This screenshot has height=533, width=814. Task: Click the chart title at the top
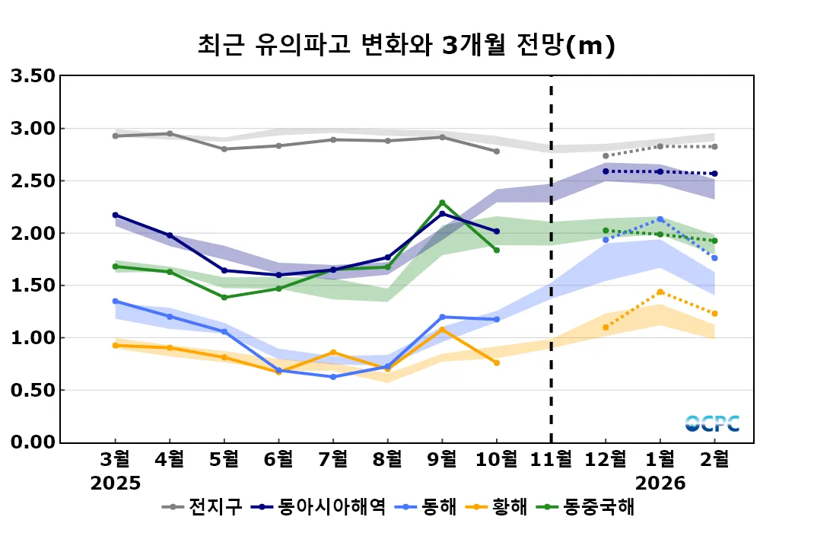click(x=406, y=46)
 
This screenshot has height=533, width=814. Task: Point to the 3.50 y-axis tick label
click(x=33, y=75)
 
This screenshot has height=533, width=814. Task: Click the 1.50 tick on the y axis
click(x=33, y=286)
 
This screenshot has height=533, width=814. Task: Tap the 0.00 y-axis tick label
click(x=33, y=442)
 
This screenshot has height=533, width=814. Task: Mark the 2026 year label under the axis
click(x=660, y=484)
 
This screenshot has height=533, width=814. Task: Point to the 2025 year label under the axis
click(x=116, y=484)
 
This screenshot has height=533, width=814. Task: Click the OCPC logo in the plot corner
click(x=712, y=423)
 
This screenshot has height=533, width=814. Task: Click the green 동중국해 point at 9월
click(x=442, y=203)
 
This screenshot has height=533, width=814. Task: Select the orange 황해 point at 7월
click(x=333, y=353)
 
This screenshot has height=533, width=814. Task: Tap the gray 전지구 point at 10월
click(x=497, y=152)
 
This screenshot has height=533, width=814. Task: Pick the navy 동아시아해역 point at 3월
click(x=116, y=215)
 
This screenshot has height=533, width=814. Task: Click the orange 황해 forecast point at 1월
click(x=660, y=292)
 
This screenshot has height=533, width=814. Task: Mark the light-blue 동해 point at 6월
click(x=278, y=370)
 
